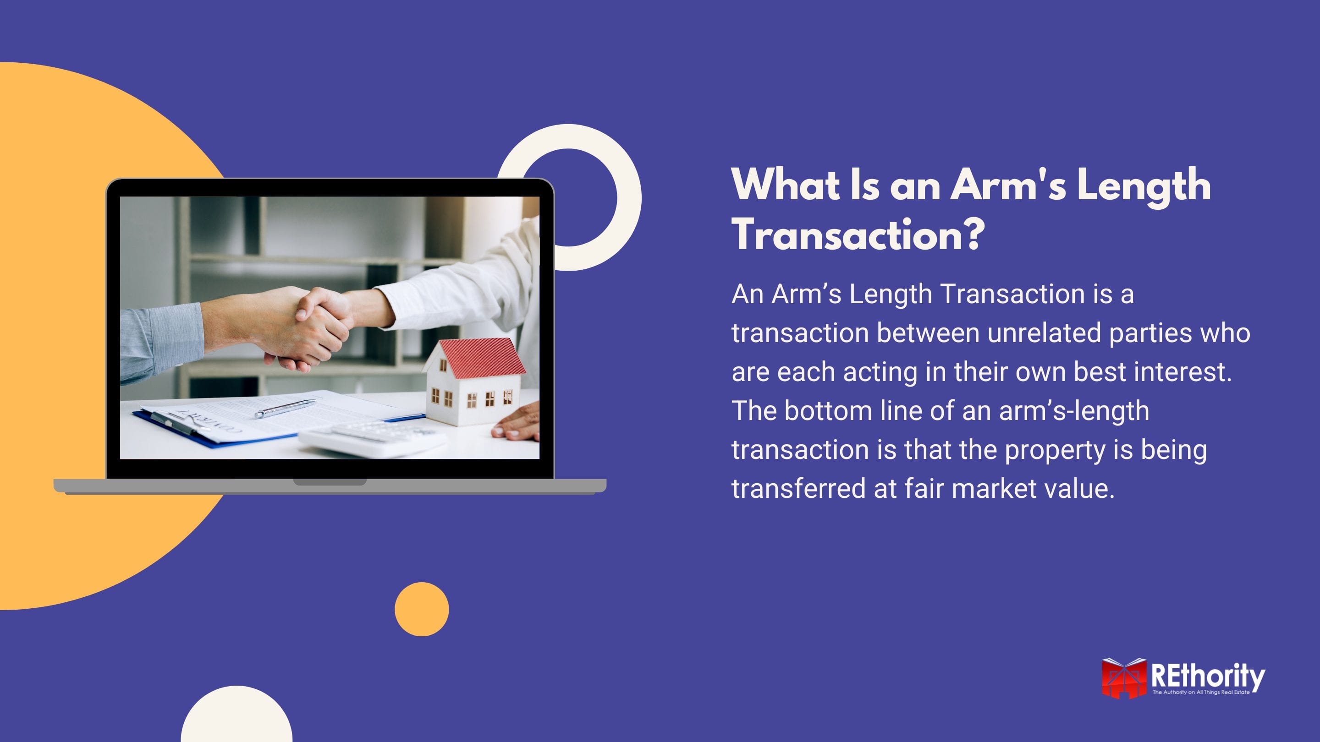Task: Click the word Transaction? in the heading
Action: [858, 234]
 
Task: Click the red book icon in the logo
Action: [1124, 677]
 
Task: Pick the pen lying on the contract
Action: [284, 409]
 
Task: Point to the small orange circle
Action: [422, 609]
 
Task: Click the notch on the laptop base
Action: [330, 482]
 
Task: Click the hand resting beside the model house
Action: [517, 421]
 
